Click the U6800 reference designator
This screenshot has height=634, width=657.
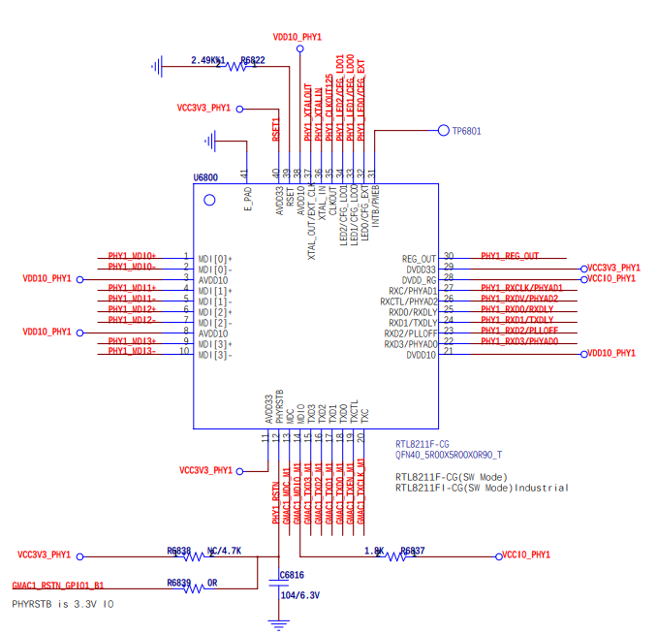[205, 177]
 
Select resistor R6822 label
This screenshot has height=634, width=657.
[252, 60]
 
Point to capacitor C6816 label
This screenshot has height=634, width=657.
[292, 575]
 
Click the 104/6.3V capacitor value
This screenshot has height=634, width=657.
[299, 595]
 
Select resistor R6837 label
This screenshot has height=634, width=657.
[412, 550]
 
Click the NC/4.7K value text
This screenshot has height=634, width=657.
[224, 550]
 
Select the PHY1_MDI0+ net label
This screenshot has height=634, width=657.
[132, 256]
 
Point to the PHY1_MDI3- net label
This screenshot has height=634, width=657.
[132, 352]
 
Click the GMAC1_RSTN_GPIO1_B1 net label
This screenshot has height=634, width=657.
[58, 586]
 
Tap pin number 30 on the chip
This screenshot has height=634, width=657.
[449, 256]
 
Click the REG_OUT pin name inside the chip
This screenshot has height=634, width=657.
[419, 259]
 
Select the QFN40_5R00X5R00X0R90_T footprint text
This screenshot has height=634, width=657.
[449, 454]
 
